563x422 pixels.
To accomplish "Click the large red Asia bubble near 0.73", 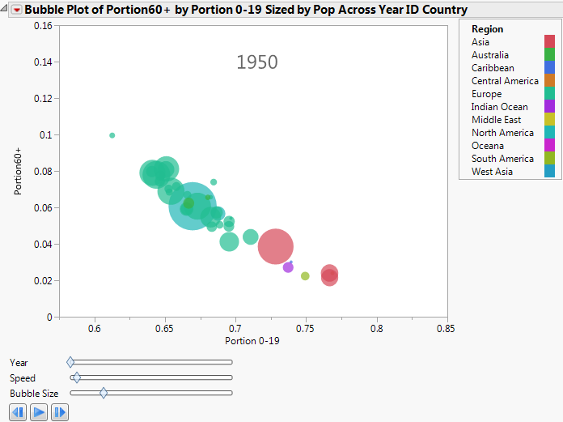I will pyautogui.click(x=276, y=246).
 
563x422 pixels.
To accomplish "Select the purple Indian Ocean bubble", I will pyautogui.click(x=288, y=267).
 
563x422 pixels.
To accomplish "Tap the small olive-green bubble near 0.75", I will pyautogui.click(x=305, y=276).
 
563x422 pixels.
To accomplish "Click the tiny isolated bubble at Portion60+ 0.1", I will pyautogui.click(x=112, y=135).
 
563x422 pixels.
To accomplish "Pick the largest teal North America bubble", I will pyautogui.click(x=193, y=207).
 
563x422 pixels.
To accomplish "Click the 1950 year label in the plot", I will pyautogui.click(x=257, y=62).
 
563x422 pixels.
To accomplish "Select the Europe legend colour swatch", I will pyautogui.click(x=549, y=94).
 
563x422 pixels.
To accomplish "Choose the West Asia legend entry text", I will pyautogui.click(x=491, y=172).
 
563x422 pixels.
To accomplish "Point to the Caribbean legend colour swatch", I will pyautogui.click(x=549, y=68).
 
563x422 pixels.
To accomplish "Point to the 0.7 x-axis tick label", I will pyautogui.click(x=235, y=328).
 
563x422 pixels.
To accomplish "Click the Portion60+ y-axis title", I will pyautogui.click(x=18, y=171).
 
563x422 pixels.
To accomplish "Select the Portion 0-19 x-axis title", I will pyautogui.click(x=252, y=341).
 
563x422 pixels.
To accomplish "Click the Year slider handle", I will pyautogui.click(x=70, y=362).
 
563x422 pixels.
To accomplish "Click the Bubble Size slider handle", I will pyautogui.click(x=104, y=393).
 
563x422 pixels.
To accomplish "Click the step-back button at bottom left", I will pyautogui.click(x=18, y=412).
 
